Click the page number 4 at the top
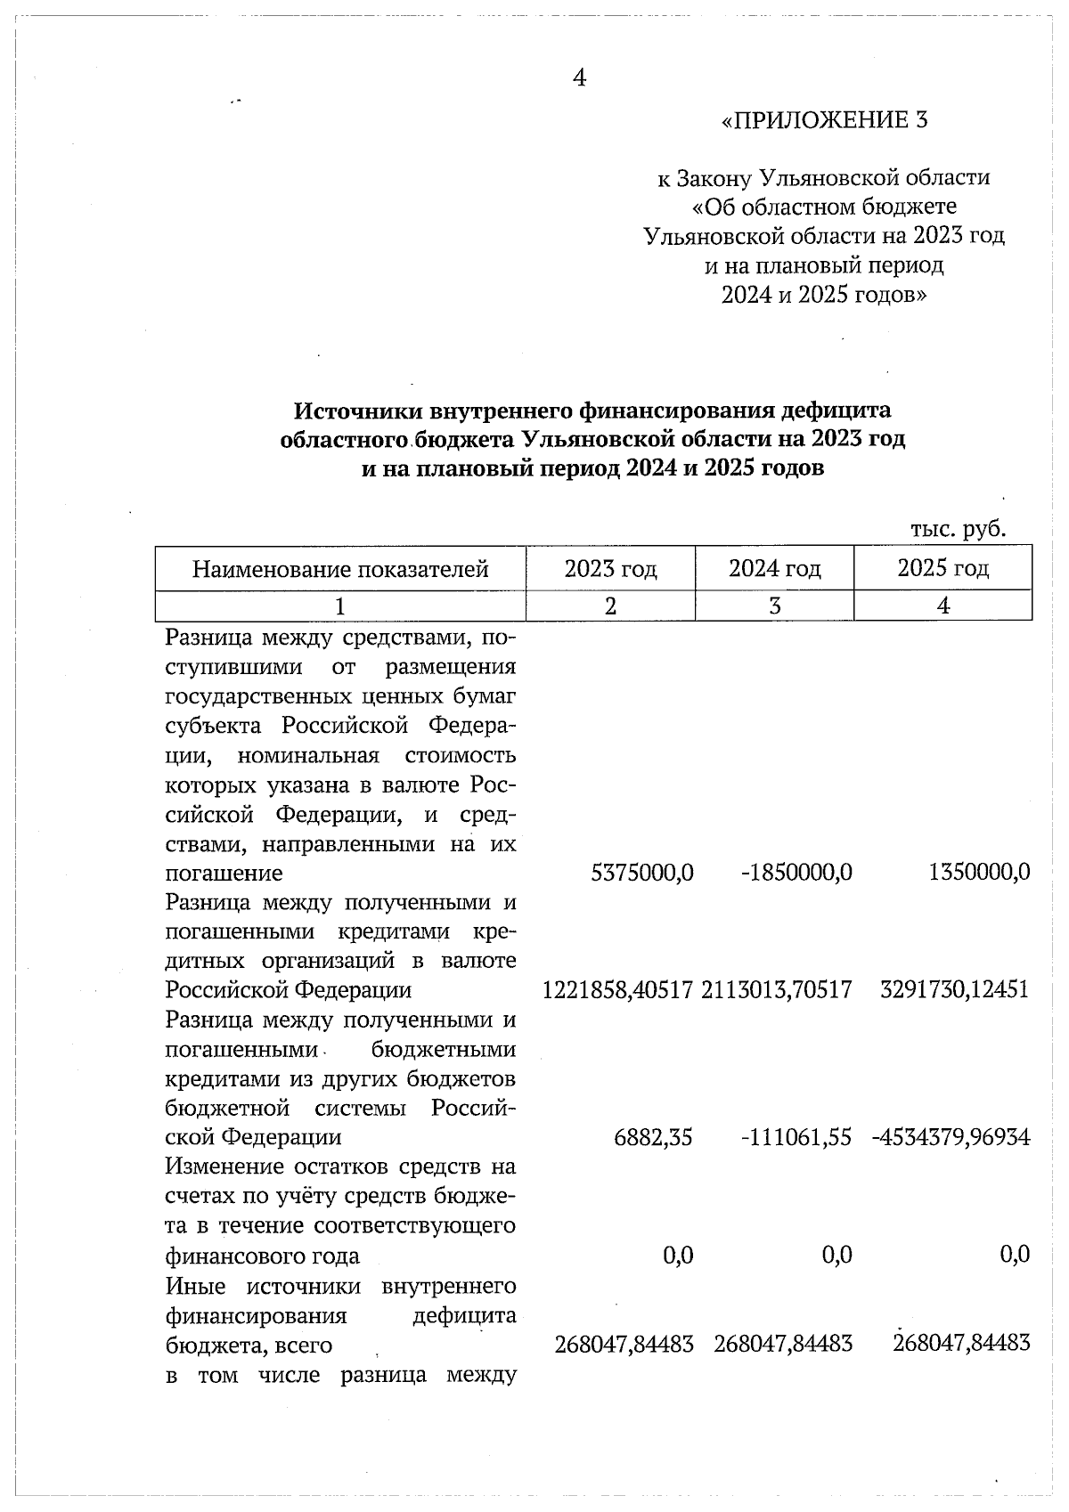pos(579,78)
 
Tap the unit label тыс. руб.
pos(958,529)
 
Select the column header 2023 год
pos(610,568)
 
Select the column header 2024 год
pos(774,568)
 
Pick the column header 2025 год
pos(943,568)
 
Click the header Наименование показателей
pos(340,569)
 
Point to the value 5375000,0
pos(642,873)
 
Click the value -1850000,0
pos(796,873)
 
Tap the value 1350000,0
pos(979,873)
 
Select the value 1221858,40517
pos(617,990)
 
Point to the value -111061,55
pos(796,1138)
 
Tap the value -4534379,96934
pos(951,1138)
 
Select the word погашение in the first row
pos(224,874)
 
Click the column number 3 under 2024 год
pos(774,606)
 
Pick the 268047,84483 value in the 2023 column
pos(624,1345)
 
